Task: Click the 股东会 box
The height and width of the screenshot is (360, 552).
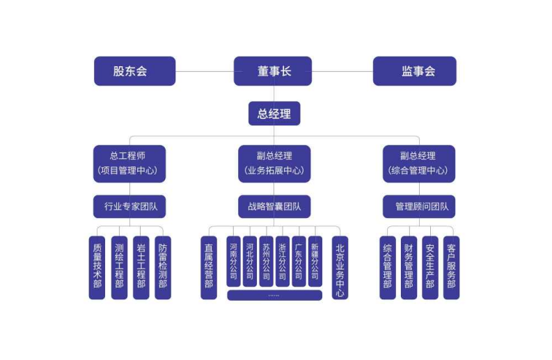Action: click(134, 71)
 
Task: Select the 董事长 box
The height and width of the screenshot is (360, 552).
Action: click(273, 71)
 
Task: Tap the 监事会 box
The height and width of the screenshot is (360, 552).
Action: click(415, 71)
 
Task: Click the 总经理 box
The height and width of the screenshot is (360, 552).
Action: click(274, 114)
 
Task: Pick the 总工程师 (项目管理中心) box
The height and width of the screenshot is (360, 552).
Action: click(129, 163)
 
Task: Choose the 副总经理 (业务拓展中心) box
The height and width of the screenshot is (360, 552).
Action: click(274, 163)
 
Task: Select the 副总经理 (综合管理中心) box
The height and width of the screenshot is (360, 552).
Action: click(418, 163)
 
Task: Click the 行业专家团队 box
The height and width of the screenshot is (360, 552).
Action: click(129, 206)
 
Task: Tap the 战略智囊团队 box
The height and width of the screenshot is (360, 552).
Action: click(274, 206)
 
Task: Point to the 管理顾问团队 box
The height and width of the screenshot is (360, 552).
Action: click(418, 206)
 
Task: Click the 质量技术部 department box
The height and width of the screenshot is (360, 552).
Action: click(97, 267)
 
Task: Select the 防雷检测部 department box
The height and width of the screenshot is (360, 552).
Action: click(163, 267)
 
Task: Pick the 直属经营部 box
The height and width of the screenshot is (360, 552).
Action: click(209, 267)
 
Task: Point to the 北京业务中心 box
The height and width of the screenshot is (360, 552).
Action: click(340, 267)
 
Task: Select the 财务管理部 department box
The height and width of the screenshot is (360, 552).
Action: click(409, 267)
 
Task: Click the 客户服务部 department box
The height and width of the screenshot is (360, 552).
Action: click(451, 267)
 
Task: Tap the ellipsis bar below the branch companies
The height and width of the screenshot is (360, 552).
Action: click(274, 295)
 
